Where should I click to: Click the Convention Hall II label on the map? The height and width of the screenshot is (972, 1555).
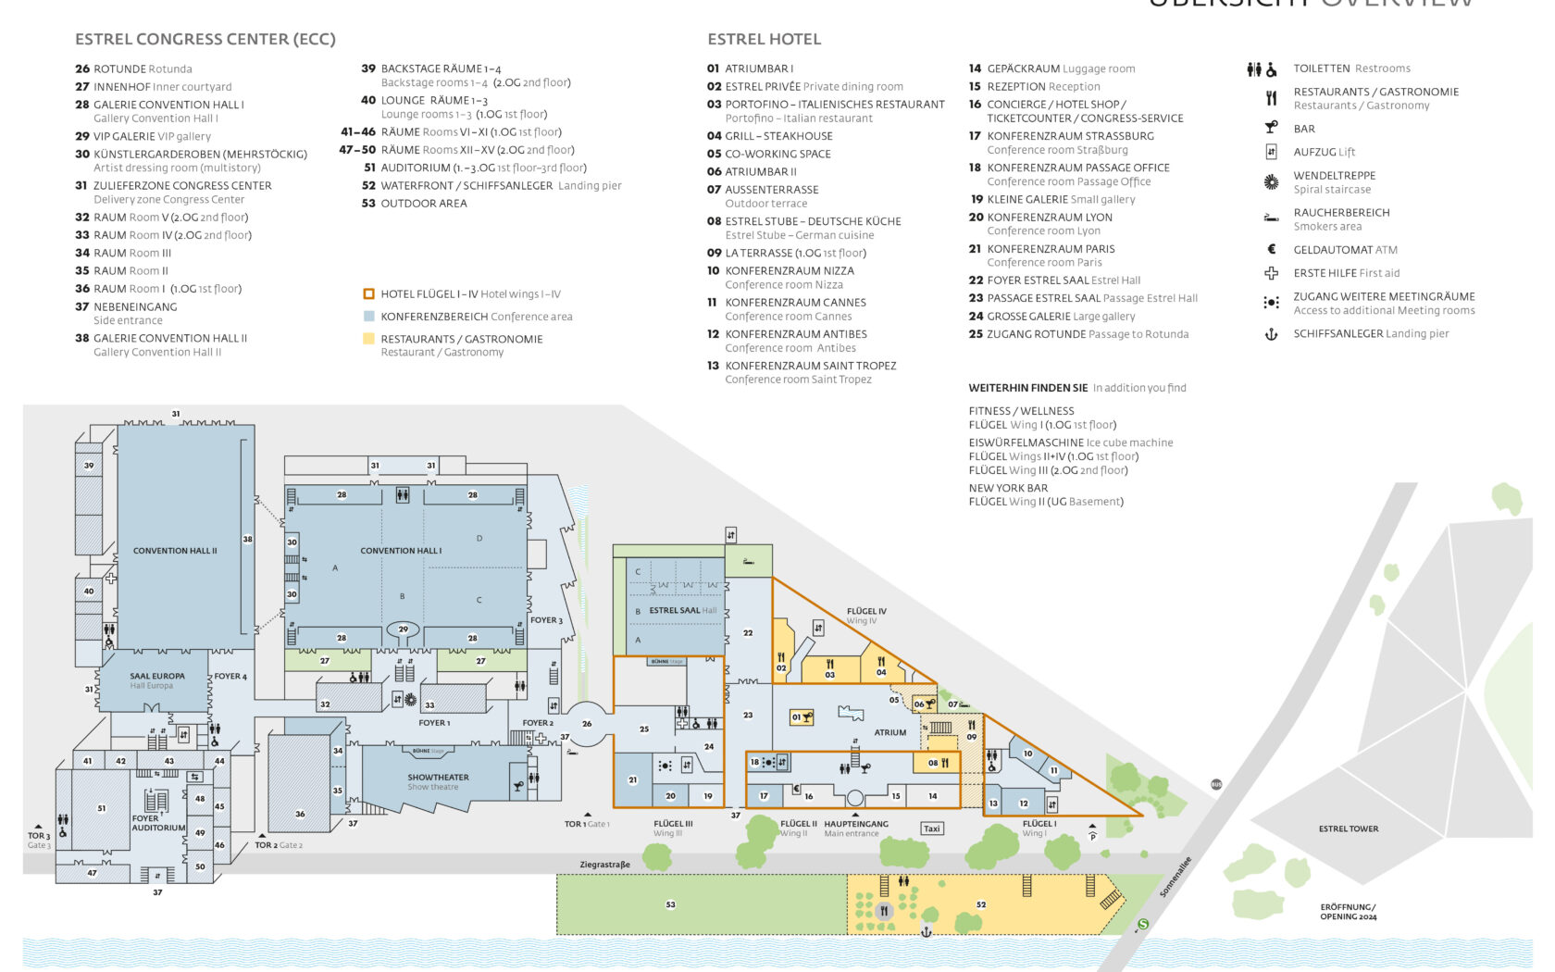coord(175,551)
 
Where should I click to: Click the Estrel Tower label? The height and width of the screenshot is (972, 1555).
coord(1348,829)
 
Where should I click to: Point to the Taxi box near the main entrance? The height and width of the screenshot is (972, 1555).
coord(931,829)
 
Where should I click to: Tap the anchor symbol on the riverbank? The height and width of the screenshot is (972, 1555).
coord(926,931)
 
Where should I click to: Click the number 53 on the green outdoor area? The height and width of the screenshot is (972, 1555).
coord(670,904)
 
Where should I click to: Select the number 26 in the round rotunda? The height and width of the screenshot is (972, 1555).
coord(587,724)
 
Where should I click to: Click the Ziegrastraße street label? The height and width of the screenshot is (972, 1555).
coord(604,865)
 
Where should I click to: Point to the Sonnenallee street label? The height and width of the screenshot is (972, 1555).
coord(1176,877)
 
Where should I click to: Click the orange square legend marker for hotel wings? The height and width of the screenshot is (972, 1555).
coord(368,294)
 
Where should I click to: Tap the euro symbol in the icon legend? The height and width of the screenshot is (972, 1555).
coord(1271,249)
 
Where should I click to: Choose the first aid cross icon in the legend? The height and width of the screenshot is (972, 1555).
coord(1271,273)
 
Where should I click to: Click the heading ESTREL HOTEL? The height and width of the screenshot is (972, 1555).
coord(764,39)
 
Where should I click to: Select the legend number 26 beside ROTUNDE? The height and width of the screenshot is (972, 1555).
coord(82,69)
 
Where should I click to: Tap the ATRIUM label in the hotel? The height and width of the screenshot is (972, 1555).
coord(889,732)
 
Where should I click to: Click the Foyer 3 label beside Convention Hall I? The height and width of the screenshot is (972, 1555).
coord(546,620)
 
